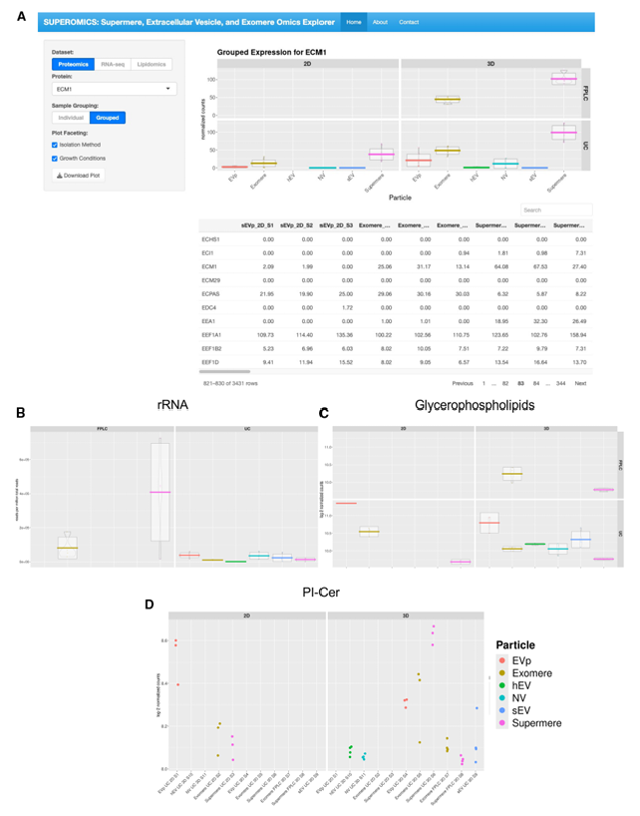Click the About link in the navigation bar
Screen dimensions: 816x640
(x=380, y=21)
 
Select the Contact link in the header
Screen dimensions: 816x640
(x=409, y=21)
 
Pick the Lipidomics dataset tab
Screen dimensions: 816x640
(x=151, y=65)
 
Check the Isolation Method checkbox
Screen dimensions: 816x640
(x=55, y=144)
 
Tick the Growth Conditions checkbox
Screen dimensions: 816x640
(x=55, y=158)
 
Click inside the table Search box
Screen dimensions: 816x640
(x=556, y=210)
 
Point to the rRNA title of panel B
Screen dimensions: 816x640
(x=172, y=404)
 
